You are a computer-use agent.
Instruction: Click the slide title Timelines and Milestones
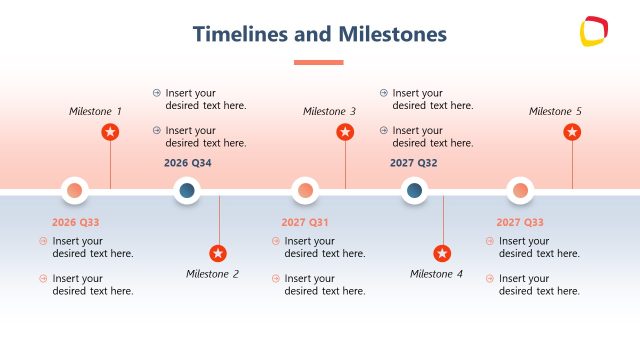(319, 35)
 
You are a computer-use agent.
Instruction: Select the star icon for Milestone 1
(110, 132)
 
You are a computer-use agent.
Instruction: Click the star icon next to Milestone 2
(218, 254)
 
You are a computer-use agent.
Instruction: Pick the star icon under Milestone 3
(345, 132)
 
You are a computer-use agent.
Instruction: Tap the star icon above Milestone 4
(442, 254)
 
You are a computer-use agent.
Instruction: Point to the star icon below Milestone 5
(572, 132)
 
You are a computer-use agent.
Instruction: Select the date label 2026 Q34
(188, 163)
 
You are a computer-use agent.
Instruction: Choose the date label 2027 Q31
(305, 222)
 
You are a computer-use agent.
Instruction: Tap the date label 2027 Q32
(414, 163)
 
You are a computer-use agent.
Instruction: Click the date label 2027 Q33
(520, 222)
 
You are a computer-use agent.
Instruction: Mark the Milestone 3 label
(329, 111)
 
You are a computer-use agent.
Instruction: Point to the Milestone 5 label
(555, 111)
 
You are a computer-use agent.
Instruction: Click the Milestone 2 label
(212, 274)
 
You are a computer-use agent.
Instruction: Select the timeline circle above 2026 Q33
(75, 190)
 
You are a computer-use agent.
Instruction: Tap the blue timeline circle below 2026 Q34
(187, 190)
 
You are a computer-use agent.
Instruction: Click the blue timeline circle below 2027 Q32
(414, 190)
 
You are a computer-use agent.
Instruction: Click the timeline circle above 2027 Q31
(305, 190)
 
